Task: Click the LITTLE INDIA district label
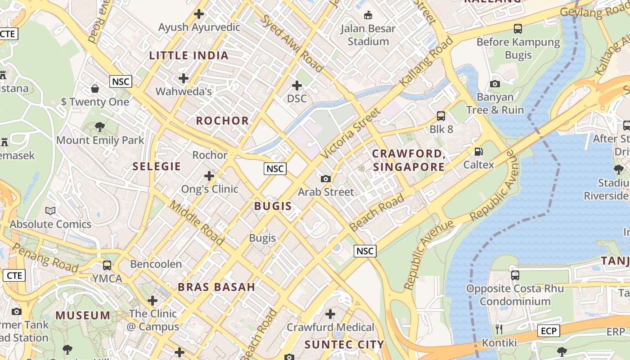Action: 189,55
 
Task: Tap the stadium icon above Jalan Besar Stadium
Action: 368,15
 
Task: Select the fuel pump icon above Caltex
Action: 479,152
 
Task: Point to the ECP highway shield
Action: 549,331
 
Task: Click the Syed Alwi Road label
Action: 292,43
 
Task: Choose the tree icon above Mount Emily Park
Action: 100,127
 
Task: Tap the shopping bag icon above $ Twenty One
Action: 95,88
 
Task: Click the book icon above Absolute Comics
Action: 50,211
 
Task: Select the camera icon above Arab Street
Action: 326,179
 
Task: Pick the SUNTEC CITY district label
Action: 344,345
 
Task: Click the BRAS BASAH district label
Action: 216,287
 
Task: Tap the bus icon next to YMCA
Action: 107,265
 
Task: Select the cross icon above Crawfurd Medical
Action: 330,314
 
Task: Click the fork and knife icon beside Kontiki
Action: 499,329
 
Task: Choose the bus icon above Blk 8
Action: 441,116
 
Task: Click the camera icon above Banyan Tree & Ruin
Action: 495,84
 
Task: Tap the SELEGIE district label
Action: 157,166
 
